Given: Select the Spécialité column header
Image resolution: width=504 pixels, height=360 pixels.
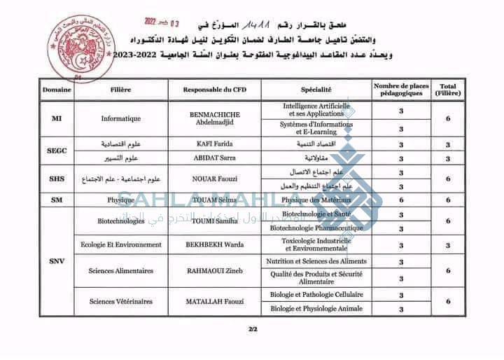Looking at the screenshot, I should click(x=316, y=90).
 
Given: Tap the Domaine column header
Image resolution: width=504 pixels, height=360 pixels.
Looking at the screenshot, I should click(x=56, y=90).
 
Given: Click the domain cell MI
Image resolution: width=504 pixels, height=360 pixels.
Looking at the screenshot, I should click(x=57, y=118).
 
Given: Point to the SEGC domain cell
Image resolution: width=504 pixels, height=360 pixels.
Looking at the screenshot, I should click(x=57, y=151).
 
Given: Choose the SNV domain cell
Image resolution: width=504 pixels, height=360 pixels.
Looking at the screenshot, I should click(x=57, y=261).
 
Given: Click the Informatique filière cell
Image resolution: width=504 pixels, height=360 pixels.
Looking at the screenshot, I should click(x=120, y=118).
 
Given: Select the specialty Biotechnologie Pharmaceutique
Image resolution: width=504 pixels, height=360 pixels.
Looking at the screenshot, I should click(x=316, y=228).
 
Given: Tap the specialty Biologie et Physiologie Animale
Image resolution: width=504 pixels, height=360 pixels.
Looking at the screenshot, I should click(x=316, y=308).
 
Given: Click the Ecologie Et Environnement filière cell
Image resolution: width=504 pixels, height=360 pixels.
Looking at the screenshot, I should click(x=120, y=244).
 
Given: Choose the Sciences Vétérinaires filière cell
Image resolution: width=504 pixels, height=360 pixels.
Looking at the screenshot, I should click(x=120, y=301).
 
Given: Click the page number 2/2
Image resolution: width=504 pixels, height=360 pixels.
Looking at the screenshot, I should click(x=252, y=329).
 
